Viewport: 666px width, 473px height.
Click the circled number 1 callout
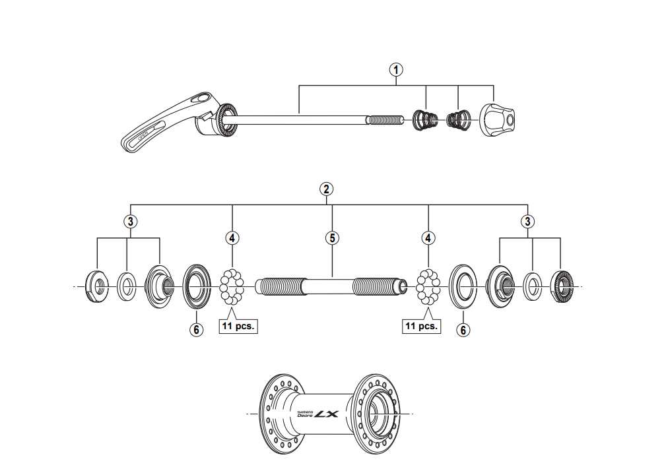click(396, 69)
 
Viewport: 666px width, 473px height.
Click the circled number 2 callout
click(326, 189)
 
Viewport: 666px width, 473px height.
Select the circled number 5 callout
click(332, 237)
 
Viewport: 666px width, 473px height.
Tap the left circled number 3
click(131, 221)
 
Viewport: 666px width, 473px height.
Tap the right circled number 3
click(527, 221)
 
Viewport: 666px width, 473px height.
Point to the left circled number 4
click(232, 237)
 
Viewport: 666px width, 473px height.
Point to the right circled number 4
click(429, 237)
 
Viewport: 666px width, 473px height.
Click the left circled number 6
click(195, 330)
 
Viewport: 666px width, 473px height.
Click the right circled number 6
click(463, 330)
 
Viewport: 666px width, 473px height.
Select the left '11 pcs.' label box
click(238, 326)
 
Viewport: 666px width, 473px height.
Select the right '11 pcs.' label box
click(421, 326)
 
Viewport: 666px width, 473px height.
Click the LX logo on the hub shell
click(325, 414)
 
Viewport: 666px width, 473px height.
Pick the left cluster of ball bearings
click(232, 287)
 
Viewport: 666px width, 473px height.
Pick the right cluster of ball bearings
click(429, 287)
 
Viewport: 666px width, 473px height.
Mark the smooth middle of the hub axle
click(328, 287)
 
